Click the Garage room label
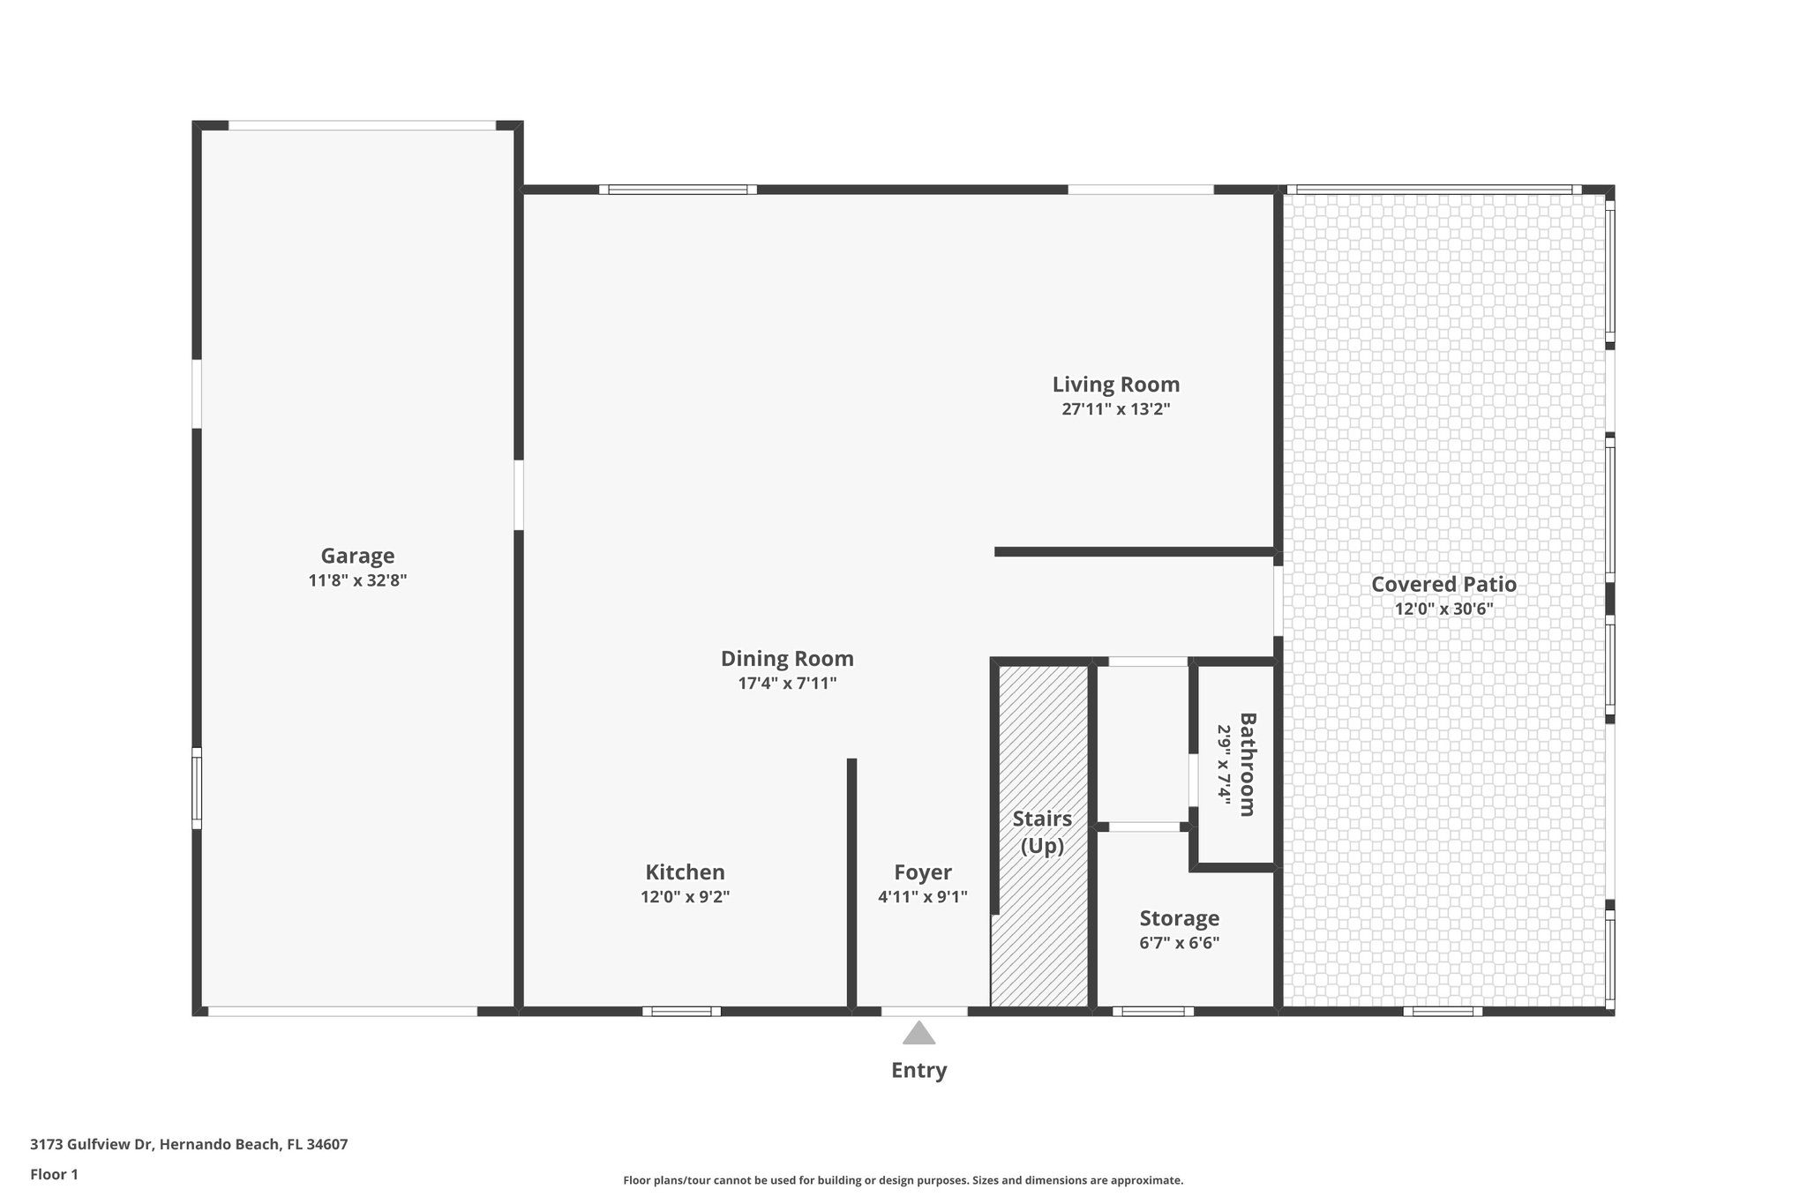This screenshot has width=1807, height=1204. click(357, 556)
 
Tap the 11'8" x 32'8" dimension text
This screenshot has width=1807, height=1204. click(357, 580)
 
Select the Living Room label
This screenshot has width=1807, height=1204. click(1115, 385)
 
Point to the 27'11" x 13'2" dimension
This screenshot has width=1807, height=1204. click(1115, 409)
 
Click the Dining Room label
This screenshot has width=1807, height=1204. click(787, 658)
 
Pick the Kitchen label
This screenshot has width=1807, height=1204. click(685, 872)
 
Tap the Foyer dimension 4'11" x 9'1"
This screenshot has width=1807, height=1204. click(922, 897)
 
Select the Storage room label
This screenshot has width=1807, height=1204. click(1179, 918)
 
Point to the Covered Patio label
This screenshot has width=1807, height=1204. click(1443, 584)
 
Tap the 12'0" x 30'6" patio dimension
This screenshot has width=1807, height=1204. click(1443, 609)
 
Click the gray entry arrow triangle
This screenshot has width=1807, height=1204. click(918, 1034)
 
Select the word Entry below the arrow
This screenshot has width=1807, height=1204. click(918, 1070)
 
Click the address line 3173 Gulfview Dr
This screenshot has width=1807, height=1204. click(189, 1144)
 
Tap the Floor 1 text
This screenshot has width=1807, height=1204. click(54, 1174)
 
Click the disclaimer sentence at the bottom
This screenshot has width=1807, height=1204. click(903, 1180)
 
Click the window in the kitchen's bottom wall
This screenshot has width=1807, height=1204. click(681, 1012)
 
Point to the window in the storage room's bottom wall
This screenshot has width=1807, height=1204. click(1152, 1012)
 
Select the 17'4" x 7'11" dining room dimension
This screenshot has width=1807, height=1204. click(787, 683)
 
